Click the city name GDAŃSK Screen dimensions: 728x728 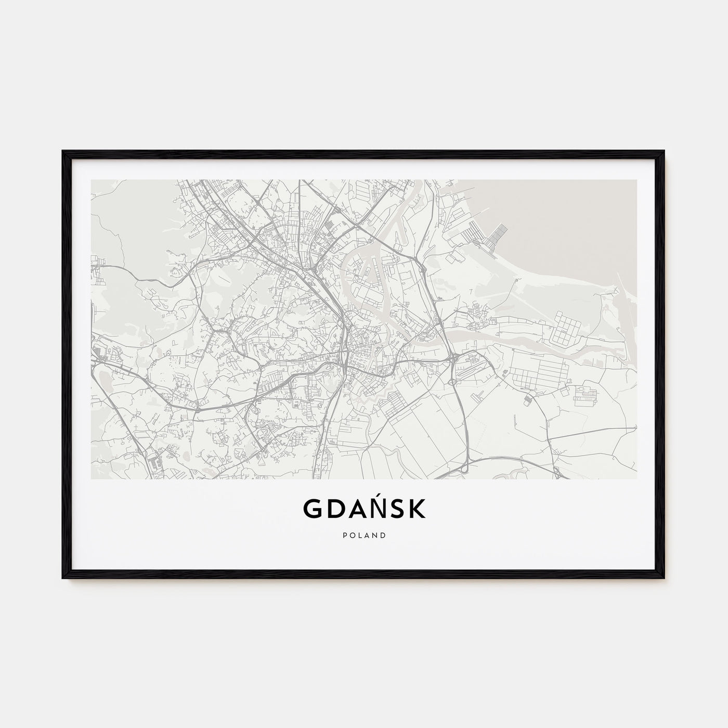[x=364, y=509]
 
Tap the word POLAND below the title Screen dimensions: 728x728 [x=364, y=535]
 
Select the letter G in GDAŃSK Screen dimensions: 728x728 [x=311, y=510]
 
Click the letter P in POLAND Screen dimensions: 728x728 [x=344, y=535]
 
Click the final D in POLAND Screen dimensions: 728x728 [x=384, y=535]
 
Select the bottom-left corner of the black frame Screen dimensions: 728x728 [x=63, y=578]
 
